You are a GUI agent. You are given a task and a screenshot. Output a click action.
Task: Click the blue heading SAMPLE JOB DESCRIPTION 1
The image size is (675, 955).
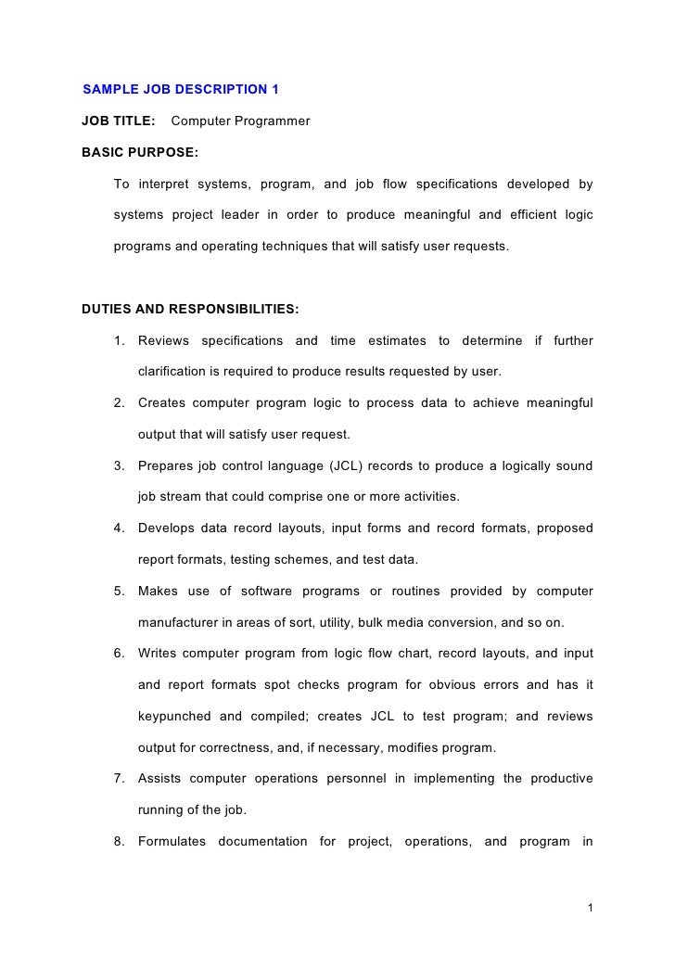(x=181, y=90)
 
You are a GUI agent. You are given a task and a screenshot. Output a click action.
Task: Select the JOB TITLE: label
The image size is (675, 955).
(x=119, y=121)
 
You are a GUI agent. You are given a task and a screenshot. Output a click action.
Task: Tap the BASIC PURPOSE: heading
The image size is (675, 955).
(x=140, y=150)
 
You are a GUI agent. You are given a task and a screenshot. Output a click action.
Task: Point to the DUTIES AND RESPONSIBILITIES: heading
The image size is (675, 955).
(x=190, y=309)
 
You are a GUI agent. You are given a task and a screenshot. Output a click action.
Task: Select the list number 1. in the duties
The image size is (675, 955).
(x=120, y=340)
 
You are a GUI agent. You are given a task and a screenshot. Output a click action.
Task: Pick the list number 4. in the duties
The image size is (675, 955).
(x=120, y=528)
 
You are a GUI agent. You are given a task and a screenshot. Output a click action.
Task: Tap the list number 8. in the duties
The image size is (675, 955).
(x=120, y=842)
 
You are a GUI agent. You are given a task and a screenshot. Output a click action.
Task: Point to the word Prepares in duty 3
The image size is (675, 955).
(x=167, y=465)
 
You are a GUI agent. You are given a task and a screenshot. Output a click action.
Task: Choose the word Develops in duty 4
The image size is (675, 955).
(x=169, y=528)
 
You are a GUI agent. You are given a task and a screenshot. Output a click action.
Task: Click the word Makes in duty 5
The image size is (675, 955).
(x=158, y=591)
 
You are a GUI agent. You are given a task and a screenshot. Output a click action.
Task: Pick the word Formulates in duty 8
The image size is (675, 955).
(x=172, y=842)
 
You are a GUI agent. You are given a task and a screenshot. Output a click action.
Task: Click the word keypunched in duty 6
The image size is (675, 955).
(x=177, y=717)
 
